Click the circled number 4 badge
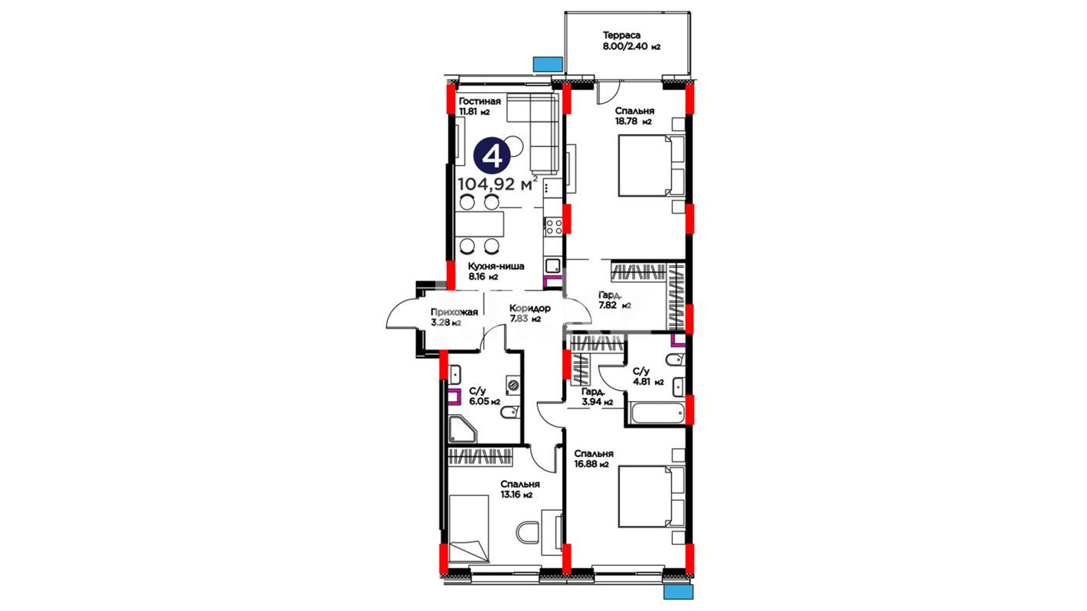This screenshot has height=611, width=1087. (493, 156)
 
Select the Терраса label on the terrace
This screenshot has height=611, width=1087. (622, 35)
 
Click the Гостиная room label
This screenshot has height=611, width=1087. (480, 101)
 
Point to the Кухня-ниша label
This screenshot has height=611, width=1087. (496, 266)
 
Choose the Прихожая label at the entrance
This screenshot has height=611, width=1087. (454, 312)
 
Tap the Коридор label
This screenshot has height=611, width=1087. (529, 308)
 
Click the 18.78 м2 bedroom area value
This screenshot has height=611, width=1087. (634, 121)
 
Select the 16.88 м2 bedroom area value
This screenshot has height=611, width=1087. (591, 464)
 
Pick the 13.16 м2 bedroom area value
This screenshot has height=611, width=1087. (516, 495)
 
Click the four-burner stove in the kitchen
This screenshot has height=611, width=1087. (553, 227)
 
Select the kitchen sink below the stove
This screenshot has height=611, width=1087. (553, 265)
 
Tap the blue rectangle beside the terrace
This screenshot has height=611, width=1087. (548, 64)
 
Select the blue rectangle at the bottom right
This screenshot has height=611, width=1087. (678, 592)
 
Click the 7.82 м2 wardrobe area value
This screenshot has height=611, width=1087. (615, 305)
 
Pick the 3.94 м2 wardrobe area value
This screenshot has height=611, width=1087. (597, 402)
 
